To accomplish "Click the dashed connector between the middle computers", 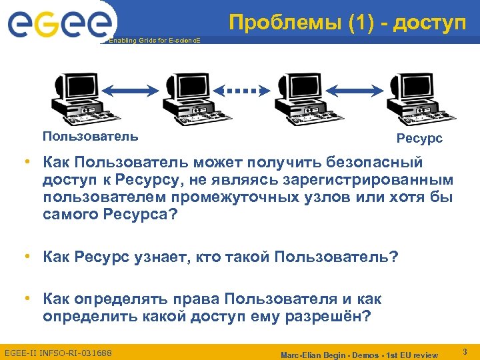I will (243, 89).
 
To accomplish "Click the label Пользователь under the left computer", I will (91, 137).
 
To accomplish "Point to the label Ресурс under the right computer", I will (419, 139).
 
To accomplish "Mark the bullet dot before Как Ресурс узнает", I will (27, 256).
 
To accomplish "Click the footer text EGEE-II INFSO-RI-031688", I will (58, 351).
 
